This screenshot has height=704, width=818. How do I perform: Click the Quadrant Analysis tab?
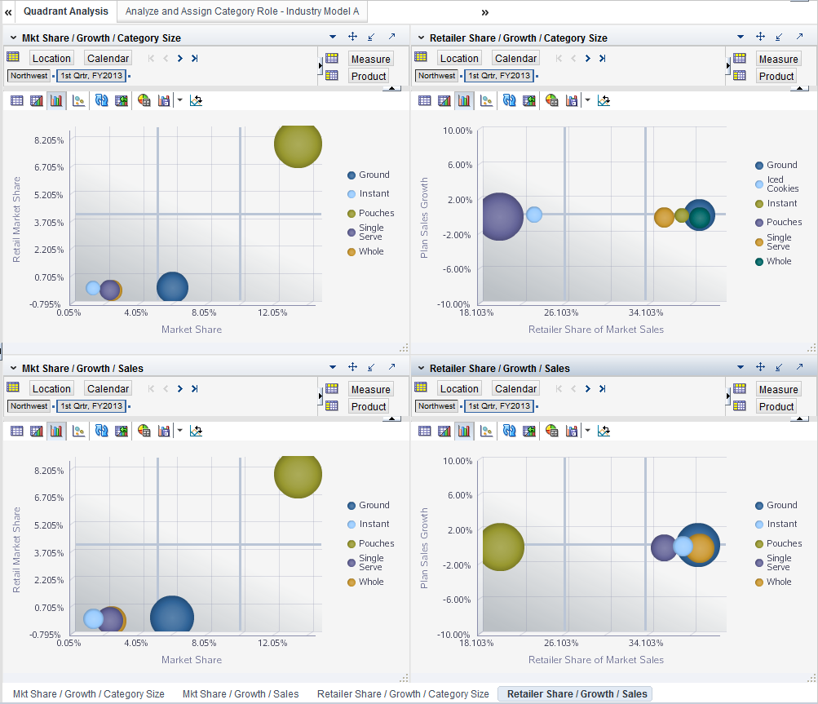point(65,11)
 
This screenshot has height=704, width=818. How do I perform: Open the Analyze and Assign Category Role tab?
point(241,11)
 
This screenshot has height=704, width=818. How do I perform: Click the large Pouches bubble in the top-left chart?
point(298,144)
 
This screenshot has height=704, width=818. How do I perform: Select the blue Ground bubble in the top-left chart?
point(172,287)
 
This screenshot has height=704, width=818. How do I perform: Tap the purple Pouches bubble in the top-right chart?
point(499,216)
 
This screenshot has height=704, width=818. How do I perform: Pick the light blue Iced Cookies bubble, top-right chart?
point(534,214)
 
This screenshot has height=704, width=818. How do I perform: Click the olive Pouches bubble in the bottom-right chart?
point(499,547)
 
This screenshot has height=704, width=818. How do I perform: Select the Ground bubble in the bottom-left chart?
point(172,618)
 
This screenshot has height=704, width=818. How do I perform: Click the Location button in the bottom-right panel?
point(459,389)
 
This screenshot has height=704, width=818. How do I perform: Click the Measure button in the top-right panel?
point(778,59)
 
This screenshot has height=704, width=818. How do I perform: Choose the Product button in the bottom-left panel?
point(369,406)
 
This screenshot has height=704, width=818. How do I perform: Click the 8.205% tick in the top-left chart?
point(47,140)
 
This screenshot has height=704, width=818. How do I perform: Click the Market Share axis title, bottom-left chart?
point(192,660)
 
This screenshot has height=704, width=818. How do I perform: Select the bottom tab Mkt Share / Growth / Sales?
point(241,694)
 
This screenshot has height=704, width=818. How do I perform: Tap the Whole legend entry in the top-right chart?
point(778,261)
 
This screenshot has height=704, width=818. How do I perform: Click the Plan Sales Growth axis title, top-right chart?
point(424,219)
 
